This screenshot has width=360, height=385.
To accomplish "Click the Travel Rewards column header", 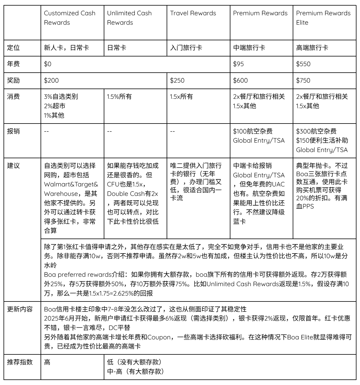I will [193, 13].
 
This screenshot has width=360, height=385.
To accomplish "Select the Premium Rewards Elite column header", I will [323, 18].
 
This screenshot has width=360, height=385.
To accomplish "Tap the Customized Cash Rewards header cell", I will [70, 18].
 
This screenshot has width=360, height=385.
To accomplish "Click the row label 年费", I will [14, 64].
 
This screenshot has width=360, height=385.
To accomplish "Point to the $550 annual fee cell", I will [303, 64].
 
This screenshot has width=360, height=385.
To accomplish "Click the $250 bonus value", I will [177, 80].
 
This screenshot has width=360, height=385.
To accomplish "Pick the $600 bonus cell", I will [240, 80].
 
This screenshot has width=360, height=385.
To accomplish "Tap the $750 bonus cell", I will [303, 80].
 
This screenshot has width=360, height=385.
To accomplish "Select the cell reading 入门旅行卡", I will [186, 47].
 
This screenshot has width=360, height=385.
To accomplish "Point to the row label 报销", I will [14, 131].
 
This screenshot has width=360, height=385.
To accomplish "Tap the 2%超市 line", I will [55, 106].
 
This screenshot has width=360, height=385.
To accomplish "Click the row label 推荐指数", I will [20, 362].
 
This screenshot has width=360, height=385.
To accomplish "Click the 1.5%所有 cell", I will [119, 96].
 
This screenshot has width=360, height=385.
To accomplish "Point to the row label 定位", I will [14, 47].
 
